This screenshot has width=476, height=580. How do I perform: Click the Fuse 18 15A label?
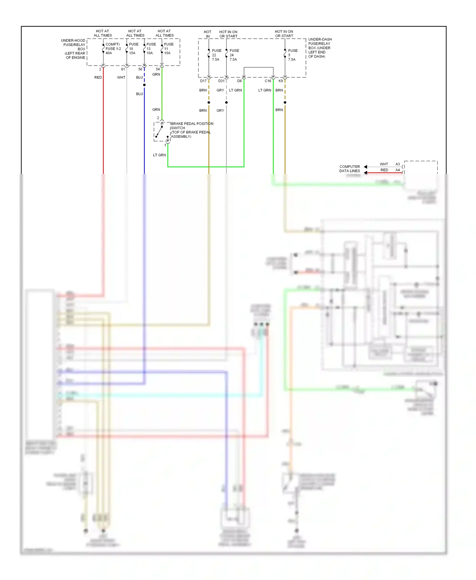pyautogui.click(x=133, y=49)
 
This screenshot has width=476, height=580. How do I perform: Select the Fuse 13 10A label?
pyautogui.click(x=151, y=49)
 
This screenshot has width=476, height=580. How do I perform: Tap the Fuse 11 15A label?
pyautogui.click(x=168, y=49)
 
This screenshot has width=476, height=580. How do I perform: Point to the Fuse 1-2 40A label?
pyautogui.click(x=113, y=49)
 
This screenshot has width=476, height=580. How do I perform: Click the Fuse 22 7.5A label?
pyautogui.click(x=216, y=55)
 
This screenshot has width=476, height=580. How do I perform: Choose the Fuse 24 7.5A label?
pyautogui.click(x=234, y=55)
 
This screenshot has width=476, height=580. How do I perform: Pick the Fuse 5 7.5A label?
pyautogui.click(x=292, y=55)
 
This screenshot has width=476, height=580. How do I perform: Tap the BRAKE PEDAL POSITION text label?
pyautogui.click(x=192, y=124)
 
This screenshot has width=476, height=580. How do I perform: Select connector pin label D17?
pyautogui.click(x=203, y=81)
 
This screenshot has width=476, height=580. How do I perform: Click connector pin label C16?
pyautogui.click(x=268, y=81)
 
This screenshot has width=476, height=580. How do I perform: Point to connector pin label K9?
pyautogui.click(x=281, y=81)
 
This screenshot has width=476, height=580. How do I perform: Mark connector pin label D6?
pyautogui.click(x=240, y=81)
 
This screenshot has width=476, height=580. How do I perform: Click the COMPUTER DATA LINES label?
pyautogui.click(x=349, y=168)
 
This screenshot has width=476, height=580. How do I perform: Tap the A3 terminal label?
pyautogui.click(x=398, y=164)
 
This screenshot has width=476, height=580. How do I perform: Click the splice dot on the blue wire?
pyautogui.click(x=144, y=85)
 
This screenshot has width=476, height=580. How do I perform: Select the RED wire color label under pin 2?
pyautogui.click(x=98, y=77)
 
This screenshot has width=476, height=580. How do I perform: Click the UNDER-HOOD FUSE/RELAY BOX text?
pyautogui.click(x=74, y=49)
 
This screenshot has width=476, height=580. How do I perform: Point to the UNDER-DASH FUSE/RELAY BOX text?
pyautogui.click(x=320, y=48)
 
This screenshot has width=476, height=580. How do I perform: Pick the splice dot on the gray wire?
pyautogui.click(x=226, y=102)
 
